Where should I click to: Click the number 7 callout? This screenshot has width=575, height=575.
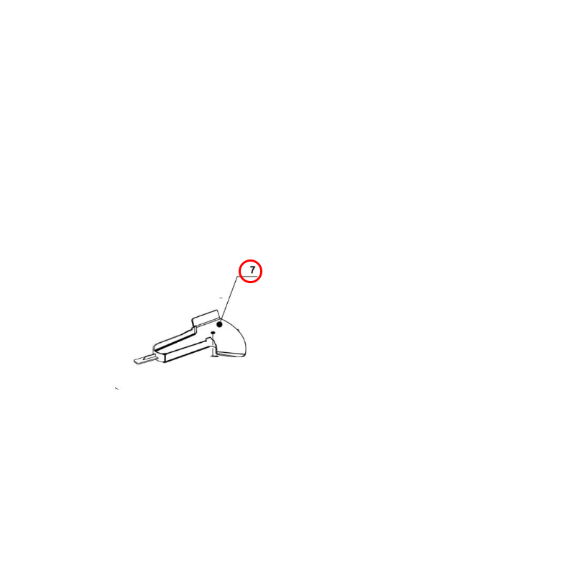(252, 270)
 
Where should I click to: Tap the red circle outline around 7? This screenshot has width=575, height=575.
(239, 272)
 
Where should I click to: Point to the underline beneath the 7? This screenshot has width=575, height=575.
(247, 277)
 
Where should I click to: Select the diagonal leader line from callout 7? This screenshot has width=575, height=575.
(229, 298)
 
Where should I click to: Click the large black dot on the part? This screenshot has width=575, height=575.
(220, 325)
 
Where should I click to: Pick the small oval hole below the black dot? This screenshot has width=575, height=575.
(212, 333)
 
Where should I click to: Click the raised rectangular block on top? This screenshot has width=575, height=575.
(206, 317)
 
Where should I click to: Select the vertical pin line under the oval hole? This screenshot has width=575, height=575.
(212, 344)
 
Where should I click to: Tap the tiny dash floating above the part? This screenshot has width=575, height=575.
(221, 298)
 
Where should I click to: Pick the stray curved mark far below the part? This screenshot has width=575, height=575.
(117, 388)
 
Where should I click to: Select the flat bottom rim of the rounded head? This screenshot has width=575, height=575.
(231, 354)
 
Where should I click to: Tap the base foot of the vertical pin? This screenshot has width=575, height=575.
(214, 355)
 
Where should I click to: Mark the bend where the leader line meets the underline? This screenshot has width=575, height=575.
(238, 277)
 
